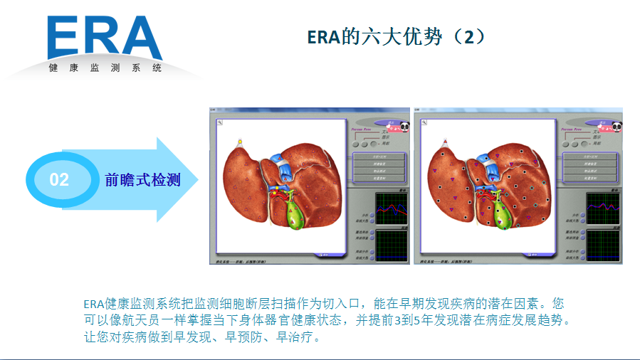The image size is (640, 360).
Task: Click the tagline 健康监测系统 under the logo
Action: [x=105, y=68]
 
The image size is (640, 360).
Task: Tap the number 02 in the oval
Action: [x=59, y=179]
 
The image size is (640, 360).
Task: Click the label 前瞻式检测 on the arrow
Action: [x=142, y=179]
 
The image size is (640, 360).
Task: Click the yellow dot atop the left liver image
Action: [x=241, y=142]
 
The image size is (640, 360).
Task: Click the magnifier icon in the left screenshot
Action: [x=221, y=123]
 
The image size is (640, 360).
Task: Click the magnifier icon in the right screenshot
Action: [x=426, y=123]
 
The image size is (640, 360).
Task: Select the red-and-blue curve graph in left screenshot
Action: [x=393, y=208]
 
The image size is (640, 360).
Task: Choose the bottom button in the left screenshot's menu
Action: [x=380, y=178]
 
